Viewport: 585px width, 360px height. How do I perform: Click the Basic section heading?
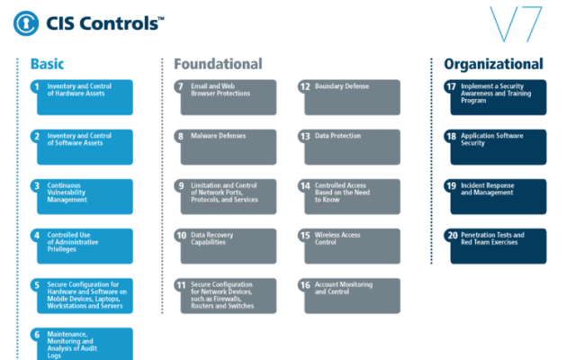47,64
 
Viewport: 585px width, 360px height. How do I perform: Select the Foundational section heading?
218,64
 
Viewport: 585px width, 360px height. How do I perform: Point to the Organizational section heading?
493,64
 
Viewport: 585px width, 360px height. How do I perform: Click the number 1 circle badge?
36,87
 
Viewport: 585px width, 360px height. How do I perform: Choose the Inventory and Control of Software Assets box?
83,147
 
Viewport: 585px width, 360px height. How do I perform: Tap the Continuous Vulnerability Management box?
83,196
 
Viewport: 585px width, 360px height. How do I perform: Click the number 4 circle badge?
36,236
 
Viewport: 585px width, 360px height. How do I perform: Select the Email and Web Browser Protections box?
229,97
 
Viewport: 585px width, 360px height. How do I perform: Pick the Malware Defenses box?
229,147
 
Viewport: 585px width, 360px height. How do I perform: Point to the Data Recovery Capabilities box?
229,246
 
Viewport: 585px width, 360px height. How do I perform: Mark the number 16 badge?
305,285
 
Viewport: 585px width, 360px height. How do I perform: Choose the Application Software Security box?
497,147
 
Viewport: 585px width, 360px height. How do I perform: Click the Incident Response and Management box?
497,196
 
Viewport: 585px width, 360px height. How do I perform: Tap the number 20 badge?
452,236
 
